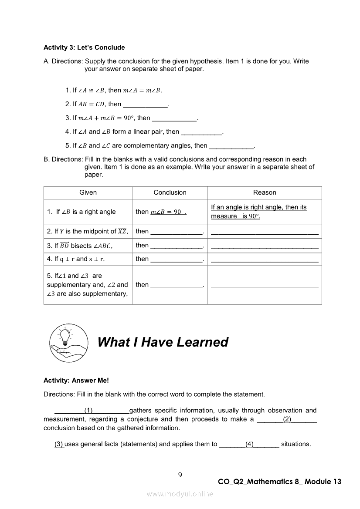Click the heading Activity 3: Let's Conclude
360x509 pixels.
(84, 47)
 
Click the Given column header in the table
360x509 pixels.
(88, 192)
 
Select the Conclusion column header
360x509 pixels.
(170, 192)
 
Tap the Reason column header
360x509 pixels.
(265, 192)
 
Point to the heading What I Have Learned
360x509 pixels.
(163, 342)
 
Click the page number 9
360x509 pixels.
(180, 475)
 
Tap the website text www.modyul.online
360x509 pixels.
(180, 494)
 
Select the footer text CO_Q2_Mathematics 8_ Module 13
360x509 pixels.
(279, 482)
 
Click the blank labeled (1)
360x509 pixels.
(92, 411)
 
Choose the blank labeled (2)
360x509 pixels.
(287, 419)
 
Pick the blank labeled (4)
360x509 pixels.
(249, 444)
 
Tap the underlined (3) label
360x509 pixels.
(59, 444)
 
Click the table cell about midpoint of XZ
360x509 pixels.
(88, 232)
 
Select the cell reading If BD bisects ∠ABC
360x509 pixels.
(80, 246)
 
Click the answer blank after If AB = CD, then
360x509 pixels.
(146, 104)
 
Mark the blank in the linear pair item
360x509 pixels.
(201, 132)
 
